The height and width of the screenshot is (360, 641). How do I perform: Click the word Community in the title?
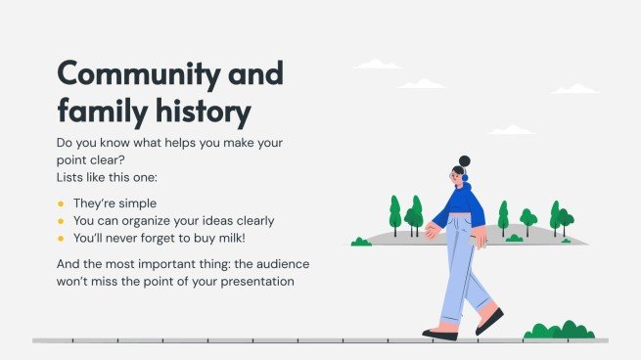tap(134, 73)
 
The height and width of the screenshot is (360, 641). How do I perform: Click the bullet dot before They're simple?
tap(61, 203)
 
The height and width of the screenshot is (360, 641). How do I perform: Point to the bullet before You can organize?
tap(61, 221)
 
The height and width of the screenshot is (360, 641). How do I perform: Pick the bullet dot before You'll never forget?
tap(61, 239)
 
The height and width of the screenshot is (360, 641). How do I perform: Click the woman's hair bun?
tap(464, 160)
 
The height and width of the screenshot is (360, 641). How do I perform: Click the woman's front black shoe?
tap(439, 335)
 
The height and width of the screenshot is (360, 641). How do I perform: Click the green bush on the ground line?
tap(559, 331)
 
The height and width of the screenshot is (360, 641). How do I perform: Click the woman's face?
tap(457, 177)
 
